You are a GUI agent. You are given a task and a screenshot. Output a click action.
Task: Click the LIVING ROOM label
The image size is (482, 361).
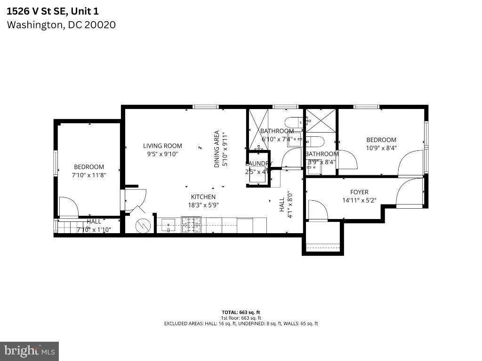(162, 146)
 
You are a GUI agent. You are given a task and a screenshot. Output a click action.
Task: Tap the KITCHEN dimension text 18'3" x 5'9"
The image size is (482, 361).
(203, 205)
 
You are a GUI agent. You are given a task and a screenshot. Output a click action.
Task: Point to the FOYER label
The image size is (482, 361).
(359, 192)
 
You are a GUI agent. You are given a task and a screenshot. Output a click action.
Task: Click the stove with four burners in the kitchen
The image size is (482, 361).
(191, 224)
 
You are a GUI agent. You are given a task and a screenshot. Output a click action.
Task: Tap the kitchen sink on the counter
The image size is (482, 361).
(169, 225)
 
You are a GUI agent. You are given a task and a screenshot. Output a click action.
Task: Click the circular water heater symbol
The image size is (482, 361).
(142, 226)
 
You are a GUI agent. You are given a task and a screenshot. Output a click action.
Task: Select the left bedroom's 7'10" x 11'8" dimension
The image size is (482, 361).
(89, 175)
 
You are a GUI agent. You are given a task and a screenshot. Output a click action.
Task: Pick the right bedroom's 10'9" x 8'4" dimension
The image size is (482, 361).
(381, 148)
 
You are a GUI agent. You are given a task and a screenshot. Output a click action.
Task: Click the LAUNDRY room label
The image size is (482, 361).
(258, 164)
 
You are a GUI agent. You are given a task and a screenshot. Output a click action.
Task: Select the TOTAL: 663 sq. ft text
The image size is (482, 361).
(241, 312)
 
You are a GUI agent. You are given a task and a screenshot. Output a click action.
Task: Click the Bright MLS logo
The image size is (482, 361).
(29, 351)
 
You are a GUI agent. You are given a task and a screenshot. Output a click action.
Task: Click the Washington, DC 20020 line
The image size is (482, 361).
(61, 24)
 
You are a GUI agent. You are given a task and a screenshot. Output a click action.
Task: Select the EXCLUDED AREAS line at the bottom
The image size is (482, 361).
(241, 323)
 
